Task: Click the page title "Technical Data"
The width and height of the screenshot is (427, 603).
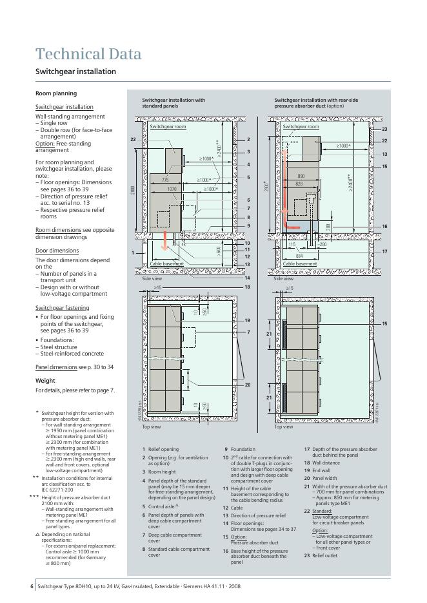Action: tap(88, 53)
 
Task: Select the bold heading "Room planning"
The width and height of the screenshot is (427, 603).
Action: tap(55, 93)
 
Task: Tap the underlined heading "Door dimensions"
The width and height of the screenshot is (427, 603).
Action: tap(57, 251)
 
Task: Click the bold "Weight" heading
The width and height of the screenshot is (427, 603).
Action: tap(45, 381)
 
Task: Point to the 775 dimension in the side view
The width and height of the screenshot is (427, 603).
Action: tap(165, 180)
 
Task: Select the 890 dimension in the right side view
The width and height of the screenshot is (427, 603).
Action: tap(301, 176)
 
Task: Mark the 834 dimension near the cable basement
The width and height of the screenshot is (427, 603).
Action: tap(300, 256)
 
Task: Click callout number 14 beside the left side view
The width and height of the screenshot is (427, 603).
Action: tap(247, 278)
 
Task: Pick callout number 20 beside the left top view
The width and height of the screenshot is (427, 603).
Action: tap(247, 384)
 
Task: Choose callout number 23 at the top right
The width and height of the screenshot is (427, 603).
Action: tap(384, 129)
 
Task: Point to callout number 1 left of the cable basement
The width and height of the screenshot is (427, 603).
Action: tap(133, 253)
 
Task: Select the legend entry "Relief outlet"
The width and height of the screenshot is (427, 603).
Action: tap(326, 555)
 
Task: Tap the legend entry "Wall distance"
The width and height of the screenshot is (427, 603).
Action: tap(326, 463)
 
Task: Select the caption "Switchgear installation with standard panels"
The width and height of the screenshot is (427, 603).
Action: tap(174, 103)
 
